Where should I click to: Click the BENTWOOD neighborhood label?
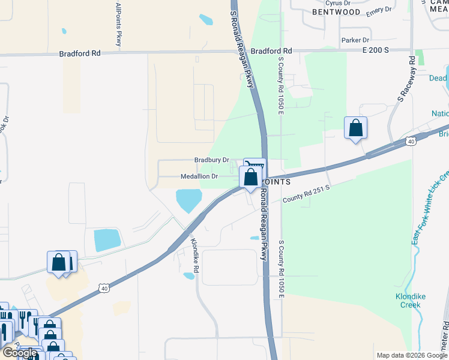[x=337, y=12]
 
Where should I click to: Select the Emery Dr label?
[x=378, y=10]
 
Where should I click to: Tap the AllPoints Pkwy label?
[x=119, y=24]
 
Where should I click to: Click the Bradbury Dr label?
[x=211, y=160]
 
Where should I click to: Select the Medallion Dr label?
[x=199, y=176]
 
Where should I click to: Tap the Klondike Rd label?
[x=194, y=253]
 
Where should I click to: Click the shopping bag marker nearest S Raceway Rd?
[x=355, y=128]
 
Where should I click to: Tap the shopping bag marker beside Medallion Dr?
[x=250, y=178]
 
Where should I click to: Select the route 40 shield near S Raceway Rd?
[x=410, y=141]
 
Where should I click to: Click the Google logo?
[x=20, y=353]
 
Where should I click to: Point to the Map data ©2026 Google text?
[x=411, y=355]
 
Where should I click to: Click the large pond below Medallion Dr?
[x=188, y=200]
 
